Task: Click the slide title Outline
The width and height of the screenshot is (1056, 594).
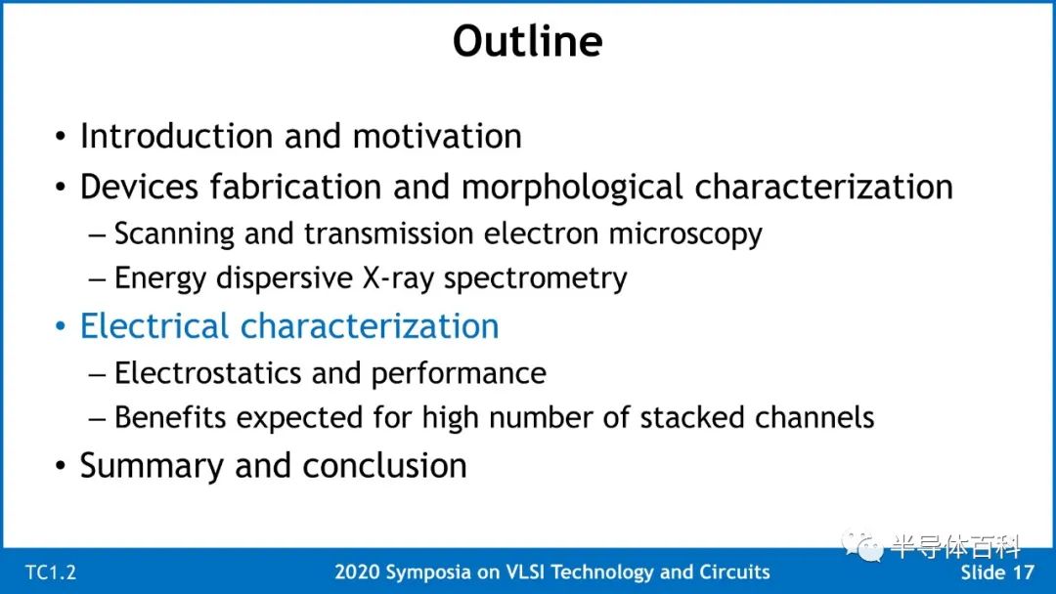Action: pos(527,41)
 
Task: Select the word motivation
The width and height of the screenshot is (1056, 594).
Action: pos(437,136)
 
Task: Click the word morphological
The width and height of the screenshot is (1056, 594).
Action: pos(572,188)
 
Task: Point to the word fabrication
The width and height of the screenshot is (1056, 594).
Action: pos(295,187)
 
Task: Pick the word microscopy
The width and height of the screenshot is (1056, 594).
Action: pos(684,235)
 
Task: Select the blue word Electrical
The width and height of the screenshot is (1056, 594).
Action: pos(154,326)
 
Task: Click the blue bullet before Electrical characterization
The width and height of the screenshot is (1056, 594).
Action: pos(61,327)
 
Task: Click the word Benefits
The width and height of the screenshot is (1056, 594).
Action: pos(170,417)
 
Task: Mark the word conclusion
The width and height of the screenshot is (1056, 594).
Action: pos(384,465)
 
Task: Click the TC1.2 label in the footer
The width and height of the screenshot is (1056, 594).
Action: pos(51,573)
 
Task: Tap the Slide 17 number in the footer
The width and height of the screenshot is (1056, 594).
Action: pos(996,573)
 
